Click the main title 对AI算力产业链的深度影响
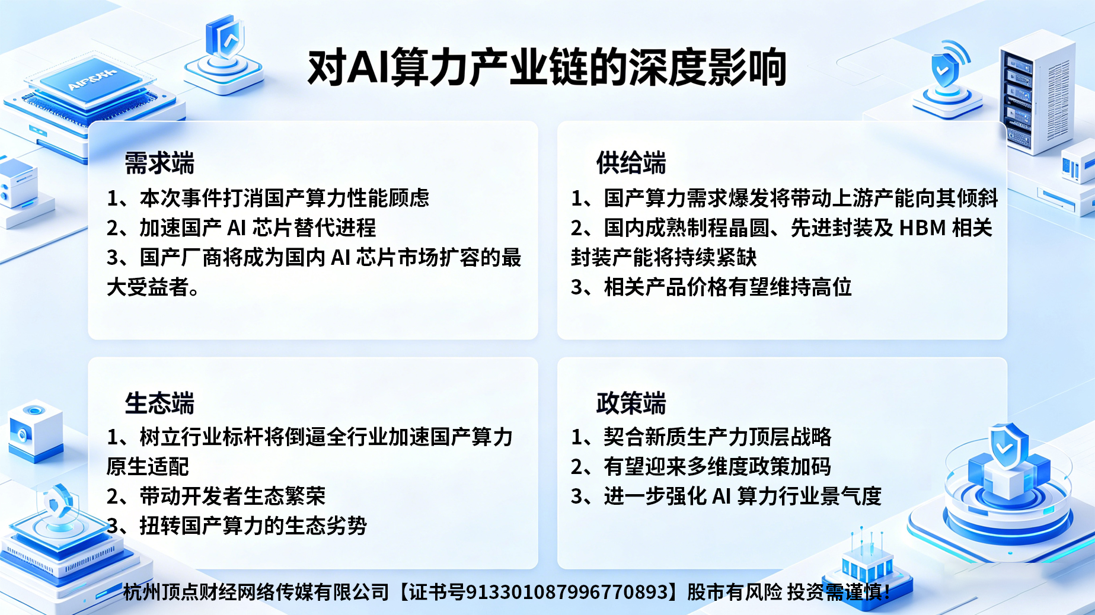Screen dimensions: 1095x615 (547, 68)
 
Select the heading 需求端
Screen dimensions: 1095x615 (159, 163)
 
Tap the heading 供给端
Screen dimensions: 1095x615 (631, 163)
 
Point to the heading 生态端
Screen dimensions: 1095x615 (159, 403)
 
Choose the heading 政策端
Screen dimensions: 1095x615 (631, 403)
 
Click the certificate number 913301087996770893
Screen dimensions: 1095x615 (567, 592)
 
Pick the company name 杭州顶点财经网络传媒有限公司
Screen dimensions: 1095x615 (256, 592)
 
